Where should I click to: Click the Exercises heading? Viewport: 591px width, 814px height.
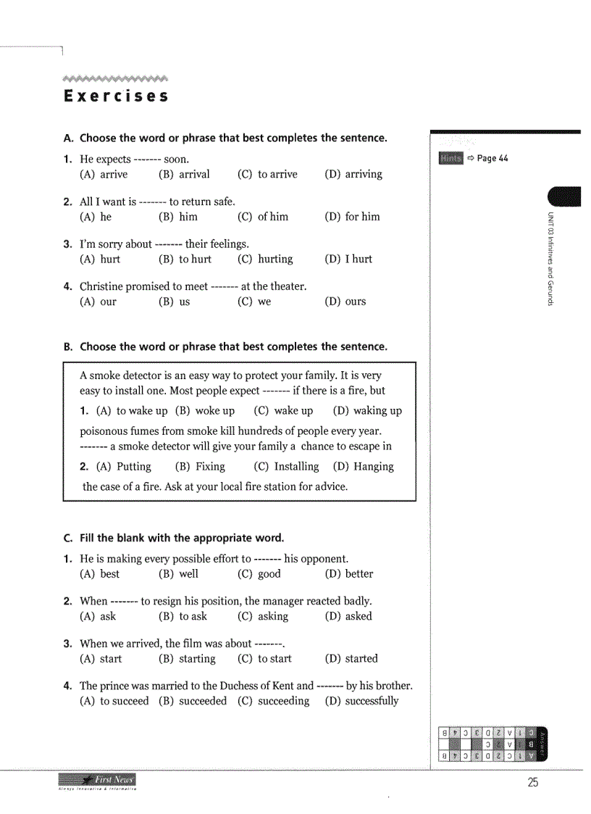(116, 96)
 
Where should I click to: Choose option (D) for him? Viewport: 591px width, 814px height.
(352, 217)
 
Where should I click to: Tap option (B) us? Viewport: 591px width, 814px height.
(175, 302)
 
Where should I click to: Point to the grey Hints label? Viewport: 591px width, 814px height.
(450, 159)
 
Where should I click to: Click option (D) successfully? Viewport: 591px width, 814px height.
(361, 701)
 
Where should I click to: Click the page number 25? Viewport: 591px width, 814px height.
(533, 782)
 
